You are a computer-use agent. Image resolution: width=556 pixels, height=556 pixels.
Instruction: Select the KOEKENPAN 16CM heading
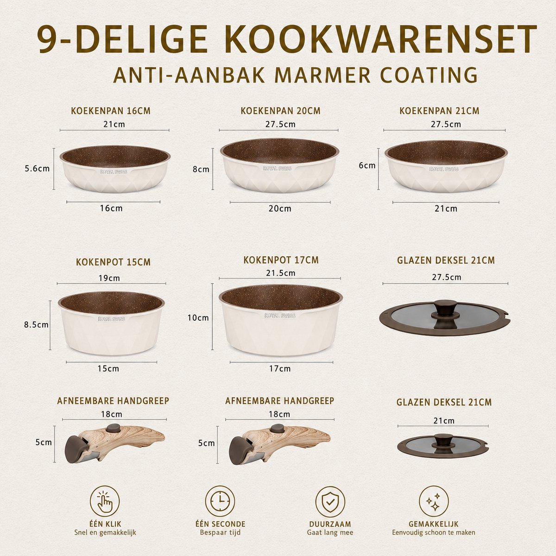(x=111, y=111)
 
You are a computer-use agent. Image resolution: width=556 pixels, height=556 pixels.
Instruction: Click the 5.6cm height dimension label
(x=37, y=169)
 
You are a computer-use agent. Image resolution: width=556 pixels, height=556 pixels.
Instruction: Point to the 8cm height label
(x=201, y=169)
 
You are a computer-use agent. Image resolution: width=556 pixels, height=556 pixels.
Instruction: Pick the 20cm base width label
(x=280, y=208)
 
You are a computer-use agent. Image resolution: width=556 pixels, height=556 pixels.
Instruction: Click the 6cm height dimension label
(x=367, y=165)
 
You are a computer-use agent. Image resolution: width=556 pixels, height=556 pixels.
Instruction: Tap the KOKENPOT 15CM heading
(x=113, y=262)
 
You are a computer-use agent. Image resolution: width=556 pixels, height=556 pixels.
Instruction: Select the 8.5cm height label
(x=36, y=325)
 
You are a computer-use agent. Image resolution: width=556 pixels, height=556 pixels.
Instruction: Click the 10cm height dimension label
(x=198, y=318)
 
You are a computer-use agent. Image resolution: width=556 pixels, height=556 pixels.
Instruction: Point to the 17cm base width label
(x=280, y=368)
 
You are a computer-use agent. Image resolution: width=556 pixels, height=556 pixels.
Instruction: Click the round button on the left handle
(x=114, y=428)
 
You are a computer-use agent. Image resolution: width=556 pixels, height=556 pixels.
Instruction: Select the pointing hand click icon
(x=105, y=501)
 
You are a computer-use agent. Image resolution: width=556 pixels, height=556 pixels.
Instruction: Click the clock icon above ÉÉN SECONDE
(x=220, y=501)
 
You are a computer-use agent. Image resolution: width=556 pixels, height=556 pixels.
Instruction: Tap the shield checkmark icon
(x=330, y=501)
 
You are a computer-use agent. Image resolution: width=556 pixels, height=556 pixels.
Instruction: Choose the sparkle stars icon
(x=434, y=501)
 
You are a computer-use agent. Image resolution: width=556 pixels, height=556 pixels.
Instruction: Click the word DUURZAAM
(x=330, y=524)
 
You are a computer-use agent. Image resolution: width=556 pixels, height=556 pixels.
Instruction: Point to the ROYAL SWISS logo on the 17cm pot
(x=280, y=316)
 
